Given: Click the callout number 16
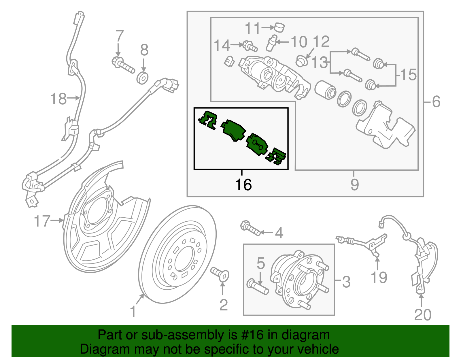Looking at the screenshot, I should [243, 185].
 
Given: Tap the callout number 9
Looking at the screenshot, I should [355, 185].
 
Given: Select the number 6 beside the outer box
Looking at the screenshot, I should [436, 102].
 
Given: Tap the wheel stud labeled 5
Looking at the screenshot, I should [258, 287].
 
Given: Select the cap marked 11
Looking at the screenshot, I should [279, 27].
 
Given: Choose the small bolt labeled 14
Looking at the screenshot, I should [250, 46].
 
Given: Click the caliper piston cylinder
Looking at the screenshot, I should [325, 89].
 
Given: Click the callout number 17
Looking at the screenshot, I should [42, 221].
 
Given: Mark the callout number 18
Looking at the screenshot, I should [58, 99].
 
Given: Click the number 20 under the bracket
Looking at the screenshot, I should [423, 315].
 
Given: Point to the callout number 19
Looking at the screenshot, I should [379, 278].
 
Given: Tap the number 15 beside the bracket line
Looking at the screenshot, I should [408, 75].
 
